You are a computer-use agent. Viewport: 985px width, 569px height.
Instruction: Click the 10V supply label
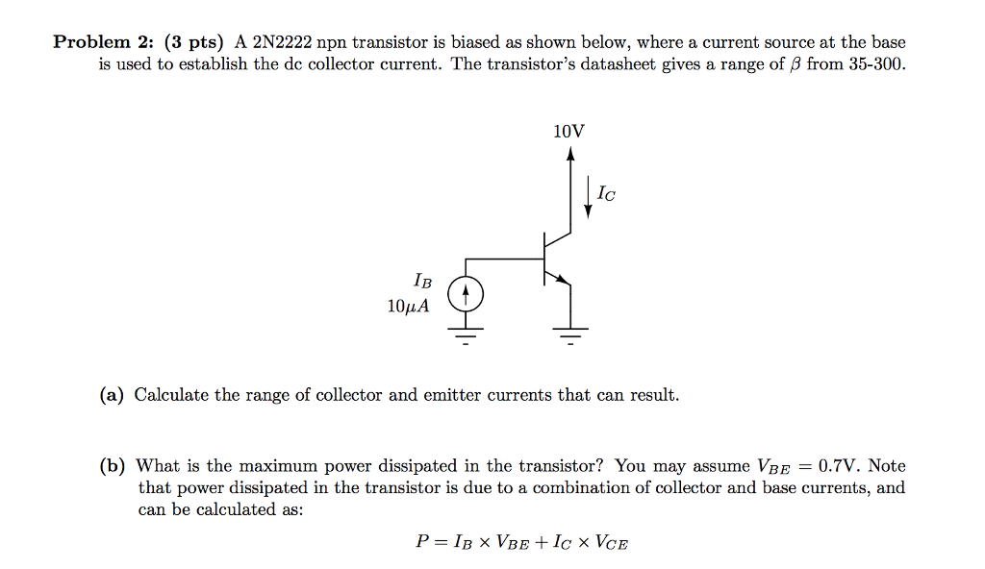point(569,132)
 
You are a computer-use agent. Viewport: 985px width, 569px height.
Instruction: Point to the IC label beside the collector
point(606,194)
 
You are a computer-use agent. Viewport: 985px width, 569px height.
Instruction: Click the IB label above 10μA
point(422,282)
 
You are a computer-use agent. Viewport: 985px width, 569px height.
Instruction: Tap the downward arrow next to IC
point(588,197)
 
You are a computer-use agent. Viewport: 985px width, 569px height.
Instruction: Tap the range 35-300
point(875,65)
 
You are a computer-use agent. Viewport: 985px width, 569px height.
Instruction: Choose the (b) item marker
point(113,466)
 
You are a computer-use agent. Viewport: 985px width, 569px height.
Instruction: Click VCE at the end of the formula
point(612,542)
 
